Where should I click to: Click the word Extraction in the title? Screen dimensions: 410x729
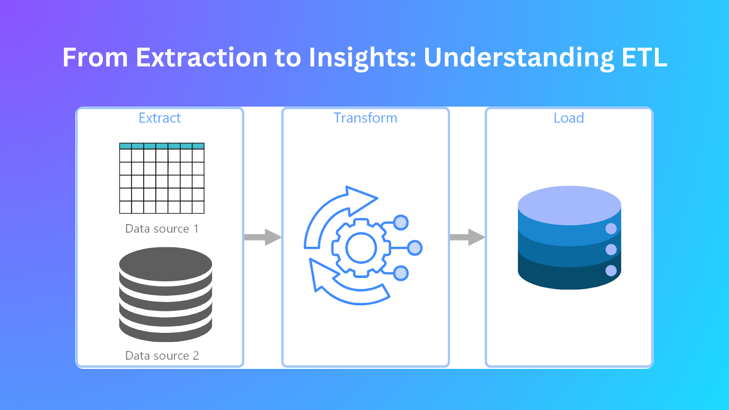[201, 58]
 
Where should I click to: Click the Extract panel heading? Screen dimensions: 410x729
[159, 118]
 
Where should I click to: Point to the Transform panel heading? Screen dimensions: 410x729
[365, 118]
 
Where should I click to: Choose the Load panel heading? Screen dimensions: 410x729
[569, 118]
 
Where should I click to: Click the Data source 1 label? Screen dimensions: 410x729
[162, 229]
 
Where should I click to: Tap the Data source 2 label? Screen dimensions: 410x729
[162, 356]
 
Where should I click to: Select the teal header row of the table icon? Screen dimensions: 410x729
[162, 146]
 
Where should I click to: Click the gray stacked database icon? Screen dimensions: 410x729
[165, 294]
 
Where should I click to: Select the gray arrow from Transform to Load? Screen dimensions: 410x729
[467, 237]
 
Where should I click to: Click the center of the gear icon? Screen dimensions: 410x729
[361, 248]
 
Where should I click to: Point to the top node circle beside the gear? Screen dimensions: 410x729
[401, 223]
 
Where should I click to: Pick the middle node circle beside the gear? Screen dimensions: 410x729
[415, 248]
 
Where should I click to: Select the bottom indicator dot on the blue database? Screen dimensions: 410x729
[611, 271]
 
